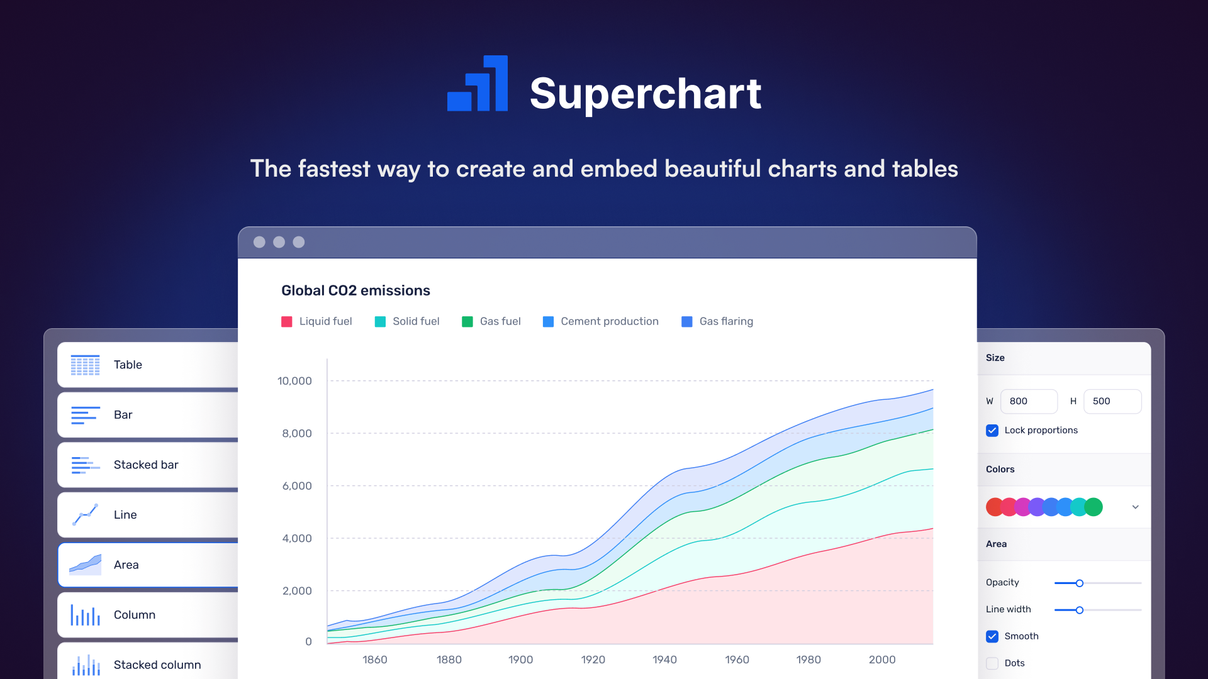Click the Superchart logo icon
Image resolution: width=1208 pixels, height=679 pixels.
click(478, 84)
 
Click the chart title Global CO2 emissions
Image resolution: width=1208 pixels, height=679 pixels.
click(355, 290)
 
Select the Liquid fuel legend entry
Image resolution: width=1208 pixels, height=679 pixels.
click(317, 321)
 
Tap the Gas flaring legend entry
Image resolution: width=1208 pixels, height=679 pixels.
click(717, 321)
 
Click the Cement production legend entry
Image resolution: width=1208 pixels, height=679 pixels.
click(601, 321)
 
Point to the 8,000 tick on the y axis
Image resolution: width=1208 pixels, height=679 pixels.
click(296, 433)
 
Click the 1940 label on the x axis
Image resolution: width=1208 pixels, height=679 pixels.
click(664, 660)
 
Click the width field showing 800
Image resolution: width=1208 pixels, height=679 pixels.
click(1029, 401)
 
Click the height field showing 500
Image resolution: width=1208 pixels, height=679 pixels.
click(1112, 401)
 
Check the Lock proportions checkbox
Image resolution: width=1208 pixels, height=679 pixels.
click(992, 431)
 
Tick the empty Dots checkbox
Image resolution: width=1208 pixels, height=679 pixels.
click(992, 663)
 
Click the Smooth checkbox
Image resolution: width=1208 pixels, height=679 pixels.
click(992, 636)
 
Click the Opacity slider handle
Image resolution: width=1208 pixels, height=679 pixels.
click(1079, 583)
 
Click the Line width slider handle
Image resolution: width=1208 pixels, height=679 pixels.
click(1079, 610)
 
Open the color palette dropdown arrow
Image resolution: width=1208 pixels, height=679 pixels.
click(1135, 507)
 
